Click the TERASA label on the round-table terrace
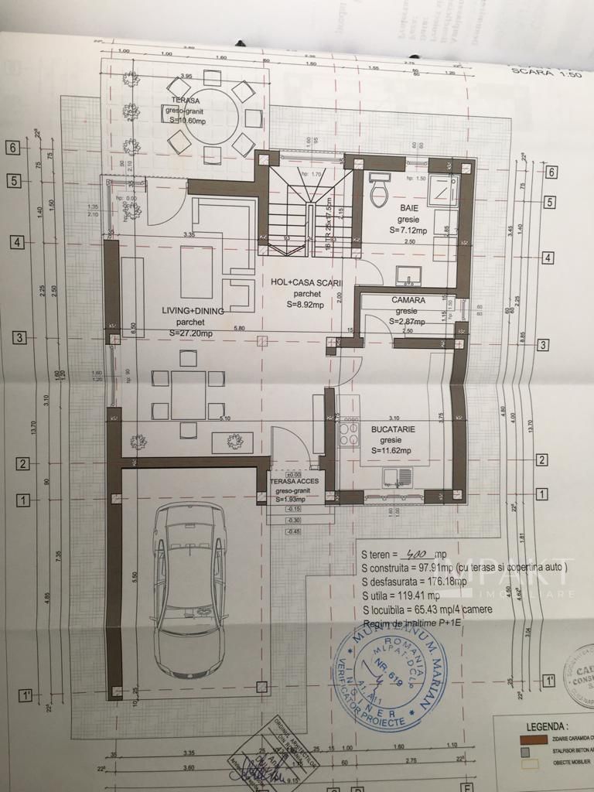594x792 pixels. (x=186, y=101)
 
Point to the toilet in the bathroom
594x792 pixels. (x=380, y=190)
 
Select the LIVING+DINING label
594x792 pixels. (x=193, y=310)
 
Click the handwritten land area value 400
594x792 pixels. (x=418, y=554)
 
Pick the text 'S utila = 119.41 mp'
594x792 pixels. (x=401, y=595)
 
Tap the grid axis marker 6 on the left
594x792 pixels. (x=12, y=147)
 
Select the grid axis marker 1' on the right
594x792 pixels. (x=549, y=681)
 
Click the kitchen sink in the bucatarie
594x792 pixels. (x=395, y=479)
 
